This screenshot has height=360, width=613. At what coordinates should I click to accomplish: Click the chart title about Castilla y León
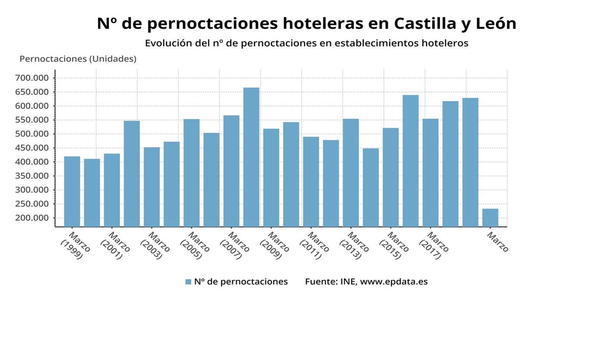tap(306, 23)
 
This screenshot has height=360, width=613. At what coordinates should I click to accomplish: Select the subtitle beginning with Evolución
tap(306, 43)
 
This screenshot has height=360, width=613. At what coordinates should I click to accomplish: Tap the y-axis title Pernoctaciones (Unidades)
tap(78, 59)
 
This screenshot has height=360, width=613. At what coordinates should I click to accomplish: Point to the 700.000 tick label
tap(32, 78)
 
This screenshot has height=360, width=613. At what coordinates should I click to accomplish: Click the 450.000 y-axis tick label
tap(32, 148)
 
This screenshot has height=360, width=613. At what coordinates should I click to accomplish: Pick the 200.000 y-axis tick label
tap(32, 218)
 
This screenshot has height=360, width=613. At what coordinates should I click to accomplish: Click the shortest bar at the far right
tap(490, 218)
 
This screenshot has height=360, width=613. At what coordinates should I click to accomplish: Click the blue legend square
tap(188, 282)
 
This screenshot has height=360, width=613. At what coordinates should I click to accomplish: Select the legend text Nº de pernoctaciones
tap(241, 282)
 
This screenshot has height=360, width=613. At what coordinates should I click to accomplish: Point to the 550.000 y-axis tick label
tap(32, 120)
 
